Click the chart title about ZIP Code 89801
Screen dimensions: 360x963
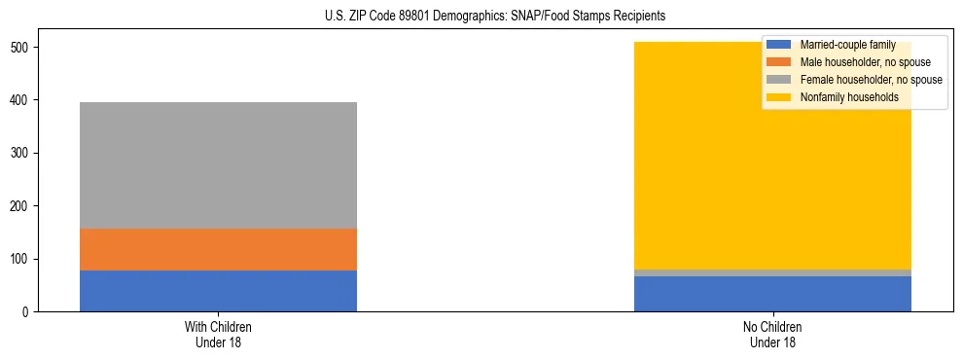click(481, 17)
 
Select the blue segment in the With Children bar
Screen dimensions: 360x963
click(218, 291)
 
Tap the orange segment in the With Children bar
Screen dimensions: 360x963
click(218, 249)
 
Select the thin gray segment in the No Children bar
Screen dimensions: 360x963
click(772, 272)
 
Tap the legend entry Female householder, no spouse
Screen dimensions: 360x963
click(870, 80)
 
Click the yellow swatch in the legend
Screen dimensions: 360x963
click(780, 97)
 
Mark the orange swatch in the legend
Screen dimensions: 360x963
click(780, 62)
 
